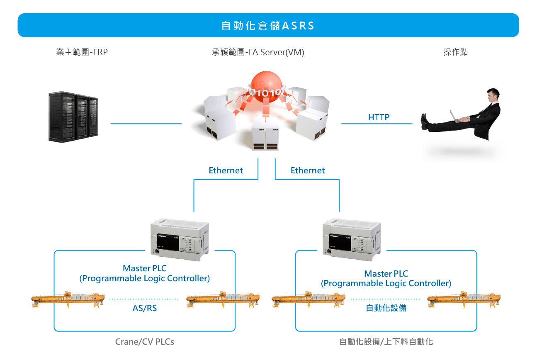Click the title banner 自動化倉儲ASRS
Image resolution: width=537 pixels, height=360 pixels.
pos(268,26)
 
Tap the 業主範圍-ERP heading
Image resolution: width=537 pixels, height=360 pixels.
pos(82,52)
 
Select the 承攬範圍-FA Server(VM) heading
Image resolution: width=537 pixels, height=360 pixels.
pos(258,52)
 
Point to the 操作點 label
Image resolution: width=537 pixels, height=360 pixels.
pos(456,52)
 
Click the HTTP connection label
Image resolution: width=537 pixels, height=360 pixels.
pos(379,117)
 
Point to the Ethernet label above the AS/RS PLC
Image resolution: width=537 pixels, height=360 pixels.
pos(226,170)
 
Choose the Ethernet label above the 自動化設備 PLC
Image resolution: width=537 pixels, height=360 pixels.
pos(308,170)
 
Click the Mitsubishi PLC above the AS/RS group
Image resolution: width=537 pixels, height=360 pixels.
pos(180,239)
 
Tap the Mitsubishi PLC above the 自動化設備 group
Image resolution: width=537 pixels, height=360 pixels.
pos(352,239)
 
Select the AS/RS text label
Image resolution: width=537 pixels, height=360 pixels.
pos(144,308)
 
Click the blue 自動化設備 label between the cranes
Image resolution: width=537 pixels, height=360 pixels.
pos(386,308)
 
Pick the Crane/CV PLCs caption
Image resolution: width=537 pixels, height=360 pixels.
pos(145,342)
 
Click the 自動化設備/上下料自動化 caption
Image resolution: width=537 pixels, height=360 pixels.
pos(386,342)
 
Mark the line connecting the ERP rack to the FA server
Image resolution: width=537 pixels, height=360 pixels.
pos(146,124)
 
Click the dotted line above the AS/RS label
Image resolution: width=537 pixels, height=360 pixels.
pos(144,299)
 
